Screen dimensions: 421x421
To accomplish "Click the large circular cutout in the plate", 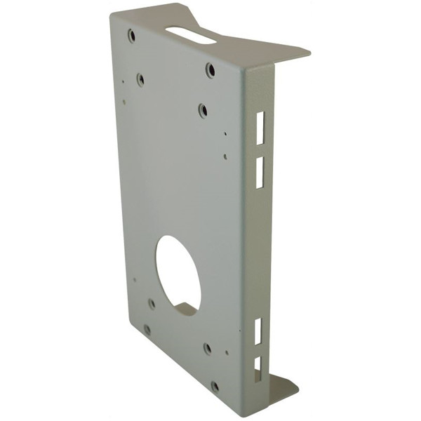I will pyautogui.click(x=178, y=274).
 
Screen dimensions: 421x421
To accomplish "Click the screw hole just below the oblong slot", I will pyautogui.click(x=210, y=70).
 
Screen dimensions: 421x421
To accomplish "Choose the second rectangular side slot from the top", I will pyautogui.click(x=260, y=172).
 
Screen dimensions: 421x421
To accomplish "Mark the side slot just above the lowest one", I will pyautogui.click(x=258, y=331).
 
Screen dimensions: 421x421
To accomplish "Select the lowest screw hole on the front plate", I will pyautogui.click(x=215, y=386).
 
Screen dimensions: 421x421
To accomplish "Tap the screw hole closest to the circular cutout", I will pyautogui.click(x=152, y=304).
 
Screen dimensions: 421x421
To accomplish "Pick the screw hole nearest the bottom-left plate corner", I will pyautogui.click(x=147, y=329).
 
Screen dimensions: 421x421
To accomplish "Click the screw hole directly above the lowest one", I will pyautogui.click(x=208, y=348).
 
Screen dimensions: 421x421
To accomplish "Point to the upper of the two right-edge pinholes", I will pyautogui.click(x=225, y=133).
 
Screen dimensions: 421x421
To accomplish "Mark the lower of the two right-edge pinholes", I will pyautogui.click(x=225, y=157).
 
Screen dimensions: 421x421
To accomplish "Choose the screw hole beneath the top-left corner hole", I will pyautogui.click(x=140, y=80).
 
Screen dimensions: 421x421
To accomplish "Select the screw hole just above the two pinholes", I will pyautogui.click(x=202, y=110).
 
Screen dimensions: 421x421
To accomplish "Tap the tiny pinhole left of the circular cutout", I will pyautogui.click(x=135, y=279).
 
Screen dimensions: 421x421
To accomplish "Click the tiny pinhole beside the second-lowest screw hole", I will pyautogui.click(x=226, y=353).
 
